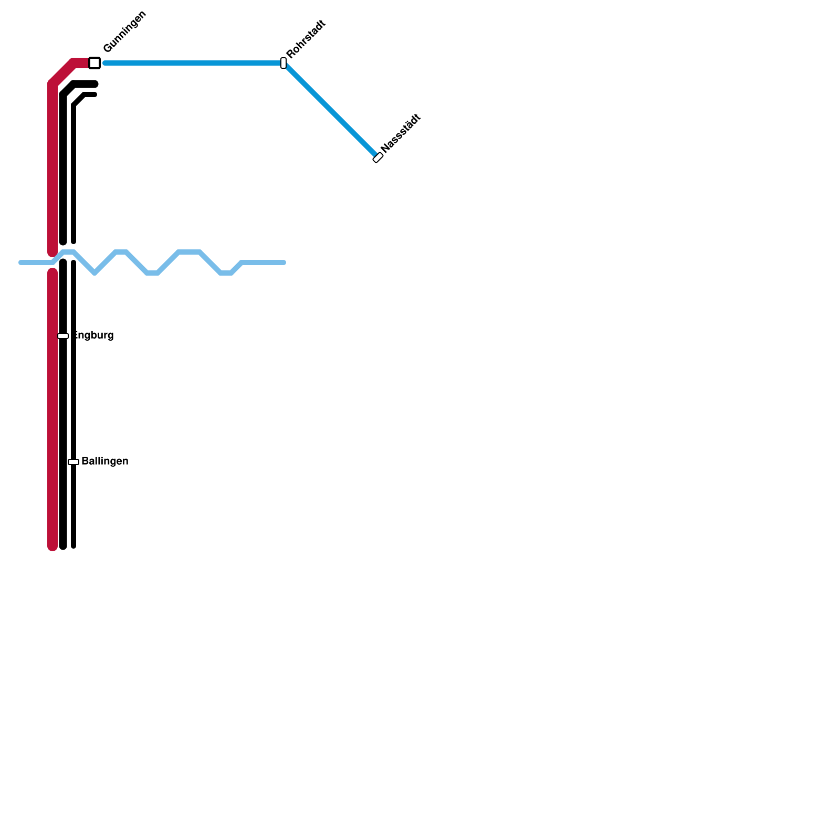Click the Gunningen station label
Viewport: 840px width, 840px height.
(x=124, y=32)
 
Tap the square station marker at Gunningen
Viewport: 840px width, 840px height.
(x=94, y=63)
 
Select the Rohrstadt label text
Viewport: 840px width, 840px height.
(x=306, y=39)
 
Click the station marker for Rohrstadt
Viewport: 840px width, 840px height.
(x=283, y=63)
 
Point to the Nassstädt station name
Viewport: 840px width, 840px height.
(x=401, y=133)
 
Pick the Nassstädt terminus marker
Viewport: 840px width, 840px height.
(x=378, y=157)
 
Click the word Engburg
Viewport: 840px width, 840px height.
(x=93, y=335)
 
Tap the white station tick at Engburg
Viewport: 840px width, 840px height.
(x=63, y=336)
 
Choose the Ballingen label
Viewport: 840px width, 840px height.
(x=105, y=461)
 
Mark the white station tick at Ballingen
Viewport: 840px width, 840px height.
(x=73, y=462)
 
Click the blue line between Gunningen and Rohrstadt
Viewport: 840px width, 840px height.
(x=194, y=63)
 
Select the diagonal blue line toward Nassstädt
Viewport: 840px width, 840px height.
(x=331, y=110)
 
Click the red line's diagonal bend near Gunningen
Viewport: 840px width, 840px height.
(x=62, y=72)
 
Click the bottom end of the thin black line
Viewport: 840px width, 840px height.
(x=73, y=546)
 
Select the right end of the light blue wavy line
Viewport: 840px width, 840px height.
(x=283, y=262)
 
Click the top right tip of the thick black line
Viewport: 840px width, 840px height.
(x=95, y=84)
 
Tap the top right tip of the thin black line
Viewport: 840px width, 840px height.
(x=94, y=94)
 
